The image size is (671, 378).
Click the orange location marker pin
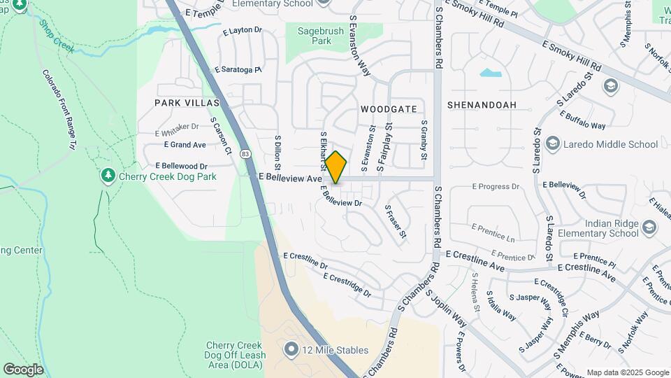pos(336,167)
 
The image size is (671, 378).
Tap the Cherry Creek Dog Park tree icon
pos(108,174)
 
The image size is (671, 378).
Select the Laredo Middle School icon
pos(552,144)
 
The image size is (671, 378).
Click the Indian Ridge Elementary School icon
pos(649,228)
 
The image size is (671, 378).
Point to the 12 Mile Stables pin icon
pos(291,348)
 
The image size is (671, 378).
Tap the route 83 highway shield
pos(245,153)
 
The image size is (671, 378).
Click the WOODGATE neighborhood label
pos(389,109)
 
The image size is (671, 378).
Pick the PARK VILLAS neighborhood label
pos(187,103)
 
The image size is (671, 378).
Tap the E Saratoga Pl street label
pos(238,70)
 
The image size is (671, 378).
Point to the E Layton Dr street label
pos(242,31)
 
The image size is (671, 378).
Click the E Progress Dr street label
pos(496,187)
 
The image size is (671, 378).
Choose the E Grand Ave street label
pos(185,145)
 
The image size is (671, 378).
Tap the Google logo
pos(23,370)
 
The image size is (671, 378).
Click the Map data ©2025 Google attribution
pos(627,372)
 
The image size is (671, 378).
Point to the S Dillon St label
pos(277,153)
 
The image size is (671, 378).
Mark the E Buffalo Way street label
pos(582,121)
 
